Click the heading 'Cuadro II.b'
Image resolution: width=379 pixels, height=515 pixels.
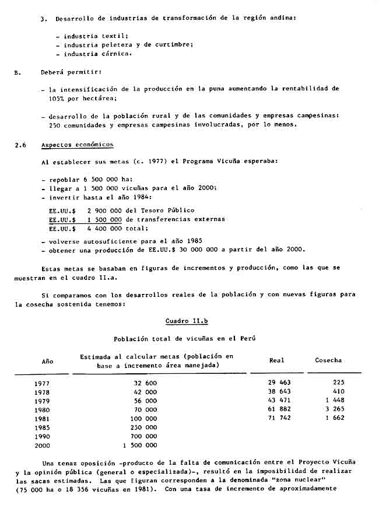click(x=184, y=321)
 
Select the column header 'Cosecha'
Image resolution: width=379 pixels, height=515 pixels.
click(x=328, y=360)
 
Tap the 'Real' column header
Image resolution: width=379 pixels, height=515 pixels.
click(x=276, y=360)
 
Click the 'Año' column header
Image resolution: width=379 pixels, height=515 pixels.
click(x=47, y=361)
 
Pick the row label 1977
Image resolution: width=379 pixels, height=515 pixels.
click(x=43, y=383)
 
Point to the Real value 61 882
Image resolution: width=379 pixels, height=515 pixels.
click(x=279, y=409)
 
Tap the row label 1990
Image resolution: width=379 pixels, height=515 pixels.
click(x=43, y=436)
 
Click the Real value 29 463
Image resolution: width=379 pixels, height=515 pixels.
click(x=279, y=383)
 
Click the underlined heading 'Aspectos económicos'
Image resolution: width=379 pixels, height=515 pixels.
click(x=77, y=145)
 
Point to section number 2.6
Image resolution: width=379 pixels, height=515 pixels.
click(x=20, y=145)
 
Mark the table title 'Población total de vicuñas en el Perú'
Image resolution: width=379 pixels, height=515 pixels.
click(x=184, y=338)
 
